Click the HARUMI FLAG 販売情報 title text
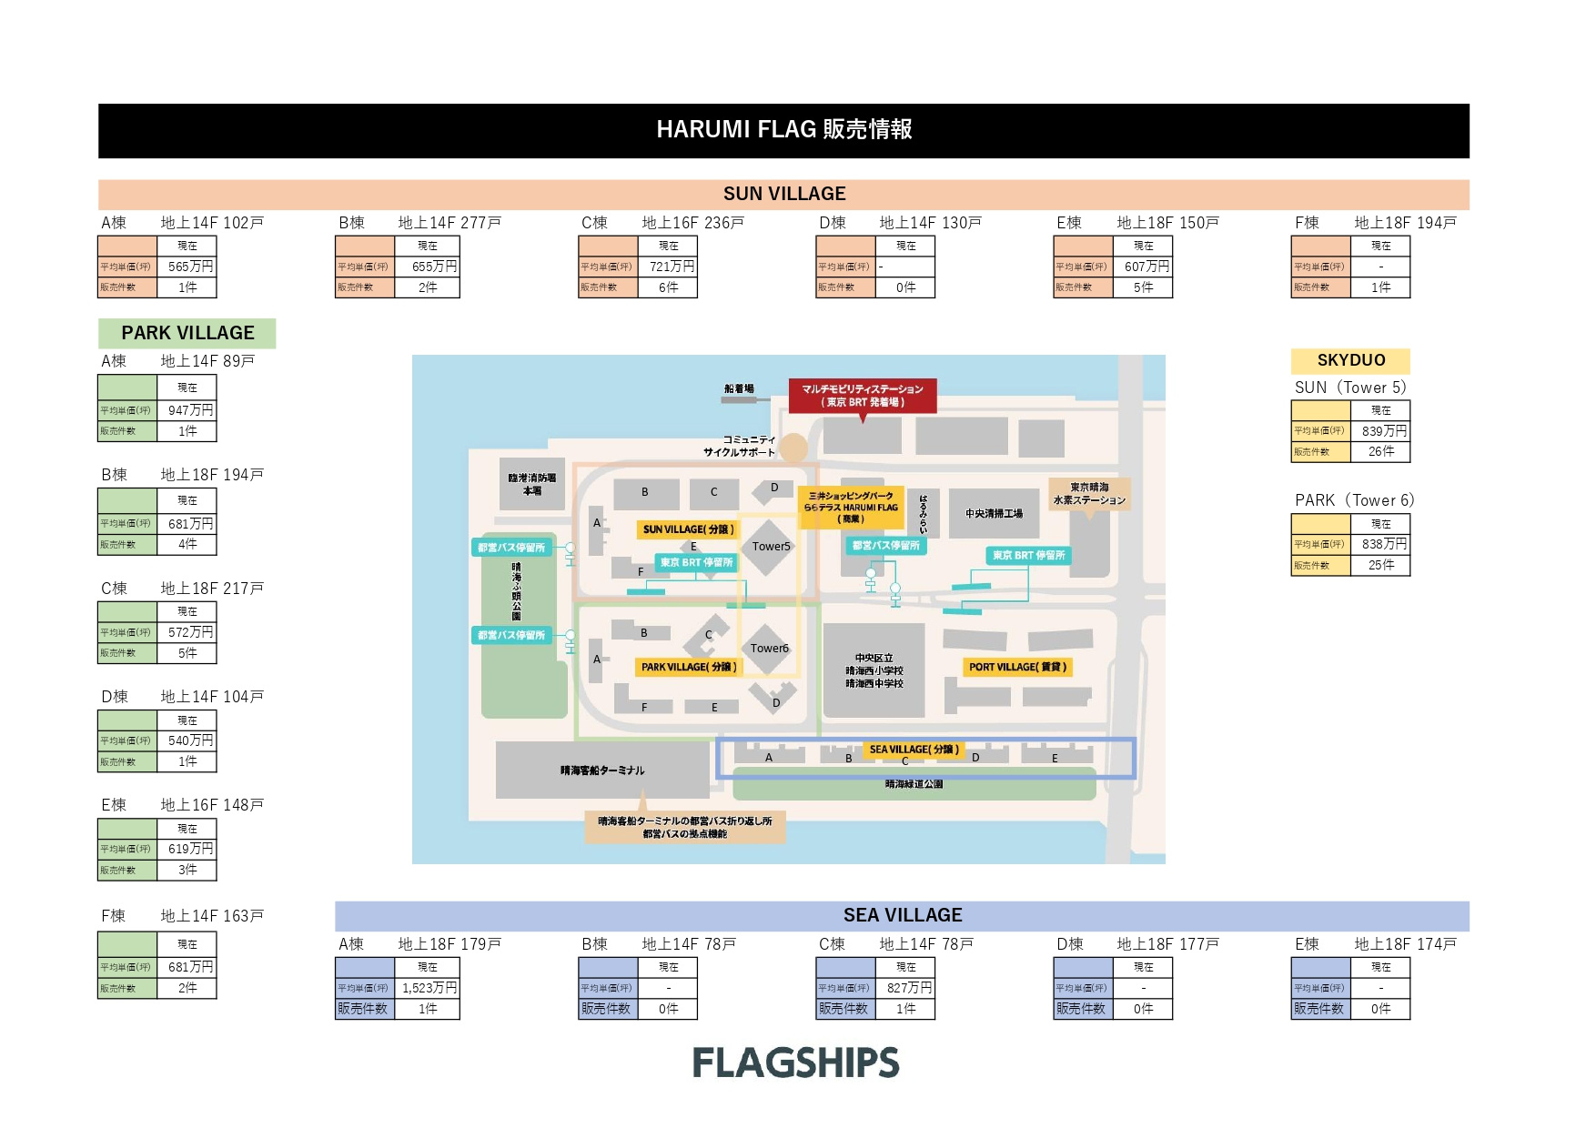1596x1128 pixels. pyautogui.click(x=783, y=129)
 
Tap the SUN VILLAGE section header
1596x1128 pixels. pyautogui.click(x=783, y=194)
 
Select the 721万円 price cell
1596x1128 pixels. pyautogui.click(x=672, y=267)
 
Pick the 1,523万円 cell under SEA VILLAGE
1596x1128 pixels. pyautogui.click(x=429, y=988)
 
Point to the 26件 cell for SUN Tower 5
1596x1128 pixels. pyautogui.click(x=1380, y=451)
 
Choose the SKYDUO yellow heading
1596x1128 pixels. pyautogui.click(x=1350, y=360)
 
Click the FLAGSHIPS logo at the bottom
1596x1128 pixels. pyautogui.click(x=795, y=1063)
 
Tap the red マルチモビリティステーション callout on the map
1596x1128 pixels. pyautogui.click(x=862, y=396)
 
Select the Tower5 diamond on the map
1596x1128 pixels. pyautogui.click(x=770, y=546)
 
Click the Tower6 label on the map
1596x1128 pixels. pyautogui.click(x=769, y=649)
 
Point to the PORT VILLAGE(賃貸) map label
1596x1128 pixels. pyautogui.click(x=1017, y=667)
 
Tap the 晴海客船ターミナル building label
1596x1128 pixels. pyautogui.click(x=602, y=770)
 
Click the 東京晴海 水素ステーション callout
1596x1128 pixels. pyautogui.click(x=1089, y=494)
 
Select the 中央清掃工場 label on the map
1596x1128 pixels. pyautogui.click(x=994, y=514)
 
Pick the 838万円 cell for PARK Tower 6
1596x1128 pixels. pyautogui.click(x=1384, y=544)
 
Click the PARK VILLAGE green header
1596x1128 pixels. pyautogui.click(x=187, y=333)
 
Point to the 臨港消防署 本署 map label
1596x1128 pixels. pyautogui.click(x=532, y=484)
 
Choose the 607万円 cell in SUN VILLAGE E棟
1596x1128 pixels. pyautogui.click(x=1146, y=267)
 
